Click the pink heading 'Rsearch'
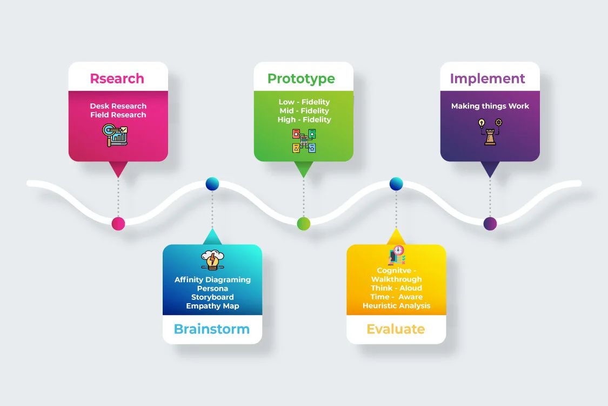click(x=117, y=78)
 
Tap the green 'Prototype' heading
click(x=301, y=78)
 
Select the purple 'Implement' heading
click(x=487, y=78)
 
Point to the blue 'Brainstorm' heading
click(x=212, y=329)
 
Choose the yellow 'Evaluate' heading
click(x=396, y=329)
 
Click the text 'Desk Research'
click(x=118, y=106)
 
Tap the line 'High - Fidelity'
click(x=304, y=120)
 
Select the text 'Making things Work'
click(x=490, y=106)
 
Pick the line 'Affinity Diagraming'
click(x=212, y=280)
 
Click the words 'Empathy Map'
click(x=212, y=306)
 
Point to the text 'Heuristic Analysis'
click(x=397, y=306)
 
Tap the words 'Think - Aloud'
click(x=396, y=289)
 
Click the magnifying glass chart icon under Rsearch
click(x=115, y=135)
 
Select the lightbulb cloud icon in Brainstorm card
click(x=212, y=260)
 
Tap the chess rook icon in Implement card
click(x=490, y=132)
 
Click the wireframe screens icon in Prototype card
click(x=304, y=140)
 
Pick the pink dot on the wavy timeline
click(x=118, y=223)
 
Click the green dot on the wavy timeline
click(x=304, y=223)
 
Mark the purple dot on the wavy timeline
click(x=490, y=223)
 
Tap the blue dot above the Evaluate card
click(x=397, y=184)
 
